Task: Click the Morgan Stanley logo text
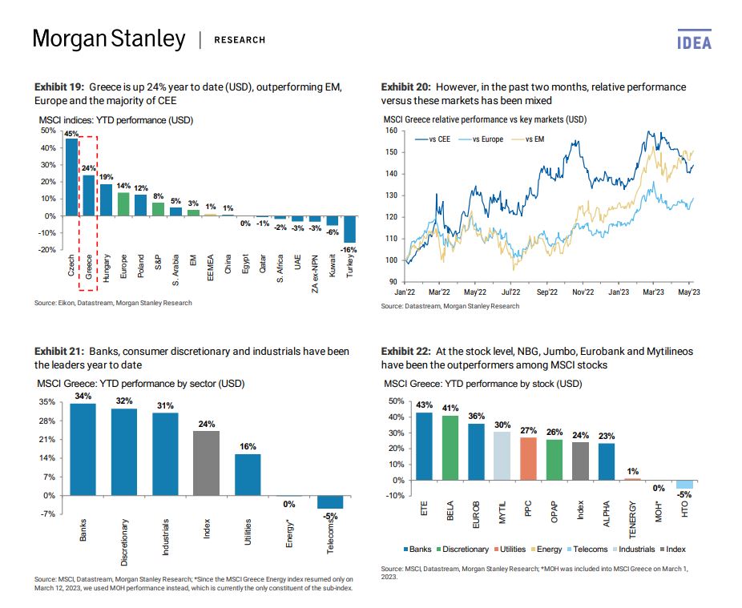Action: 109,38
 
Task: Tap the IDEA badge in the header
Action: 694,40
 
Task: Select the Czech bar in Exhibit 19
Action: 72,177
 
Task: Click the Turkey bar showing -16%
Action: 349,229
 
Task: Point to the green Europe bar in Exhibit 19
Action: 123,204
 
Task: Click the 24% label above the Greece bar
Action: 88,168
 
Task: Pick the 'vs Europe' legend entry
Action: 482,139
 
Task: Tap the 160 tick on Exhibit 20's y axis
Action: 391,131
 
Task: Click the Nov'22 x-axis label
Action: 583,292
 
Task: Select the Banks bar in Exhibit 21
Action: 83,449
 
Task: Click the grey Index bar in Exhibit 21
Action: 206,463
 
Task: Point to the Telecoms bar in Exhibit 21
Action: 330,502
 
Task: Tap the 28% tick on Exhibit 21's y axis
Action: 46,421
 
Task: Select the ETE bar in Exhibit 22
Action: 424,446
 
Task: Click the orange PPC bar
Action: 528,459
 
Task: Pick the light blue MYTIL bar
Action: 502,456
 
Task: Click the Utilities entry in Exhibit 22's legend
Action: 510,550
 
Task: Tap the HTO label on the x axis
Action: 685,509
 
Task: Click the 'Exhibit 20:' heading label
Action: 406,87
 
